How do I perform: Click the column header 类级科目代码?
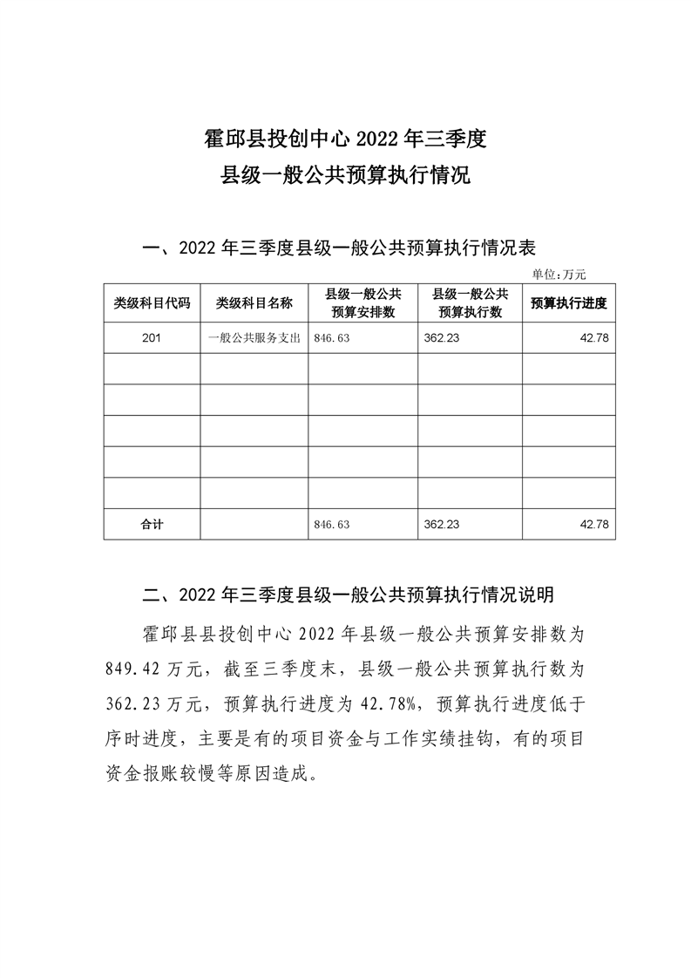point(152,303)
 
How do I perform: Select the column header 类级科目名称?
point(254,303)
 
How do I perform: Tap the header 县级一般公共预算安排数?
point(362,303)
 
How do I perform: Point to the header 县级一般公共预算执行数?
point(470,303)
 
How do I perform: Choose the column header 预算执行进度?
point(568,303)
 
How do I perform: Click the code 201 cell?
point(152,337)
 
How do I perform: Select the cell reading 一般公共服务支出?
point(254,337)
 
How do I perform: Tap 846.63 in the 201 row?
point(330,337)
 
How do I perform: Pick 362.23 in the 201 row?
point(441,337)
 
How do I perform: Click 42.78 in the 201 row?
point(593,337)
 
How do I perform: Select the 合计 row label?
point(152,525)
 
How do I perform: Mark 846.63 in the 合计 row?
point(330,525)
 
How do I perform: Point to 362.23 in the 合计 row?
point(441,525)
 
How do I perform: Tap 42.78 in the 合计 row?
point(593,525)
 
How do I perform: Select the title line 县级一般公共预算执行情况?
point(345,175)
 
